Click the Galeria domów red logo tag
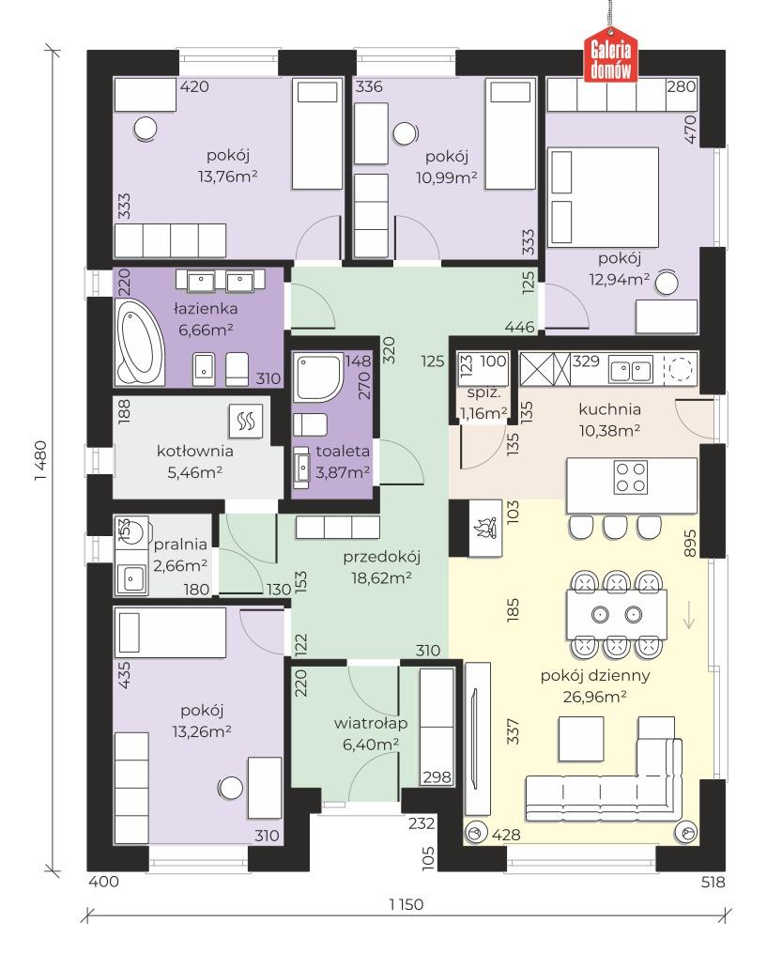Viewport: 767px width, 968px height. [611, 57]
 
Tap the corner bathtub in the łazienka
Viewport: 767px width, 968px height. [140, 343]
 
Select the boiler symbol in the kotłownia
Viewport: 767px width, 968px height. [246, 421]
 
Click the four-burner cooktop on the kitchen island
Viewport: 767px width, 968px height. [630, 477]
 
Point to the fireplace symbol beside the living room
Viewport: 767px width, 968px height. [486, 529]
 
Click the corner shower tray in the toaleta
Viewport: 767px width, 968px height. [318, 377]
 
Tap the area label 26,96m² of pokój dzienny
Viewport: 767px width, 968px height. [594, 697]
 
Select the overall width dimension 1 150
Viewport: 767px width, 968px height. [406, 904]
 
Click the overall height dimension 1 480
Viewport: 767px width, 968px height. [40, 461]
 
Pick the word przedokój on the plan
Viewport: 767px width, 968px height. [381, 557]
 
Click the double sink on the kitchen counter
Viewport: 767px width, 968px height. [631, 371]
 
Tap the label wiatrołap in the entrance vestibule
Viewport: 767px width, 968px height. [370, 723]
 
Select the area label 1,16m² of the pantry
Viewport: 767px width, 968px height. [483, 413]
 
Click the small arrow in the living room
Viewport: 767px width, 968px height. [689, 618]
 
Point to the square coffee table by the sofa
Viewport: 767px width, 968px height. [581, 738]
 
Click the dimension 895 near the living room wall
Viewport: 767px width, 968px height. [690, 543]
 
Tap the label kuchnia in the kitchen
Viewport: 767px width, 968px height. [609, 408]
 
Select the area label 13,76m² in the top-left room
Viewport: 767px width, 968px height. [227, 177]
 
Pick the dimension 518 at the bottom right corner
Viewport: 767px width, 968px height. [713, 882]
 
